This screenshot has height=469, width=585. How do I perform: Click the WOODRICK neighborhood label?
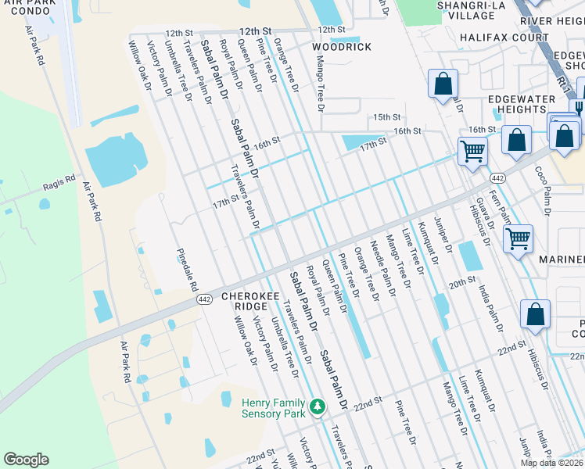[x=342, y=47]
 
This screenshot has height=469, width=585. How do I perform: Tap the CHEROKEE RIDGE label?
[x=245, y=303]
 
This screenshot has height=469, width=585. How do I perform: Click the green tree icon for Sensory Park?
[x=318, y=406]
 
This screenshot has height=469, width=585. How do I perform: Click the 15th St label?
[x=386, y=116]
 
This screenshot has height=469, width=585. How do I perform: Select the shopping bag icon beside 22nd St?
[x=535, y=314]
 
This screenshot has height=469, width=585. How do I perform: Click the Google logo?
[x=26, y=460]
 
